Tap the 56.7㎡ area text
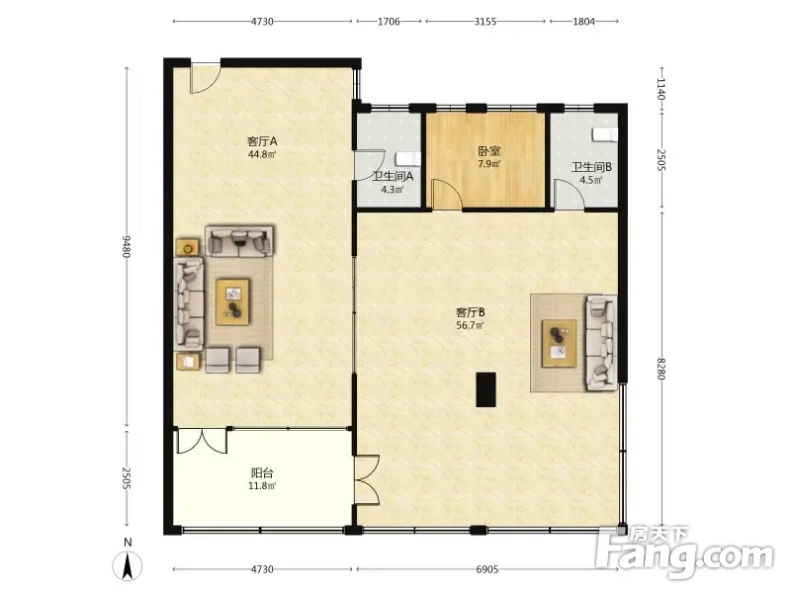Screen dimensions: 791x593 (x=471, y=326)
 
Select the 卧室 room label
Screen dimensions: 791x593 (x=488, y=151)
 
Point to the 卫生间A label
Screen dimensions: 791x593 (x=393, y=177)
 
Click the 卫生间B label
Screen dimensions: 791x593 (x=591, y=167)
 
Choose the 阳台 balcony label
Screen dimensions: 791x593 (x=262, y=473)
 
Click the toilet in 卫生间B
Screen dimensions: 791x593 (x=604, y=134)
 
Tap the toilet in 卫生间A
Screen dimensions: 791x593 (x=408, y=159)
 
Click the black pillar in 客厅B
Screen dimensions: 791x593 (x=486, y=389)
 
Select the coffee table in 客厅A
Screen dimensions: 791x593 (x=232, y=302)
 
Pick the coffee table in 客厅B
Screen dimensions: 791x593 (x=559, y=343)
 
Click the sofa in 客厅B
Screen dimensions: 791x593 (x=601, y=343)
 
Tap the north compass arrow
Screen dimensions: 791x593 (x=129, y=565)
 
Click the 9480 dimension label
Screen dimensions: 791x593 (x=127, y=246)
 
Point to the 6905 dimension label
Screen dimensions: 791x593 (x=486, y=569)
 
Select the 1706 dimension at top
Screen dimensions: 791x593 (x=389, y=21)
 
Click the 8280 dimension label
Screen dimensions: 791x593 (x=661, y=369)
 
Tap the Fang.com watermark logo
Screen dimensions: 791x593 (x=685, y=553)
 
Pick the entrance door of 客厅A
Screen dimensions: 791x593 (x=206, y=78)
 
